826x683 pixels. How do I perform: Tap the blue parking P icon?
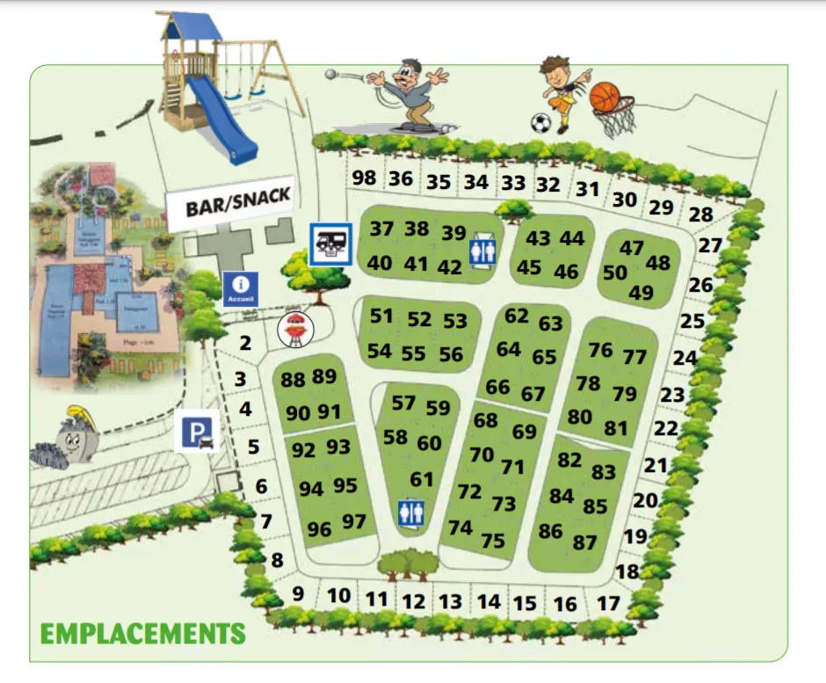[x=196, y=431]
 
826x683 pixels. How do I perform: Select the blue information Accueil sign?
[x=241, y=288]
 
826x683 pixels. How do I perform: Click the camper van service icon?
[x=330, y=243]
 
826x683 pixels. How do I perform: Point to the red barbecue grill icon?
[x=295, y=330]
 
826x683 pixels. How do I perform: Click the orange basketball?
[x=605, y=97]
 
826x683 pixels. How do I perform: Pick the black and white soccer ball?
[x=541, y=122]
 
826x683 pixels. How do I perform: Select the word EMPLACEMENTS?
[x=142, y=633]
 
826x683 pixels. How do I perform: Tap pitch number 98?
[x=364, y=178]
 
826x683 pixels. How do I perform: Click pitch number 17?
[x=608, y=604]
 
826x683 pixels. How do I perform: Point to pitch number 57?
[x=403, y=403]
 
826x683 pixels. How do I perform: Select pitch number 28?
[x=700, y=214]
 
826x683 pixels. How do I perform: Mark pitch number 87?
[x=584, y=542]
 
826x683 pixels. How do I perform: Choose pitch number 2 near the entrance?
[x=245, y=343]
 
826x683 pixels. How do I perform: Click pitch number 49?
[x=641, y=293]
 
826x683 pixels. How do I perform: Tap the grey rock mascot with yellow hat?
[x=69, y=439]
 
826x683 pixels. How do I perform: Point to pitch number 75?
[x=493, y=541]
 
